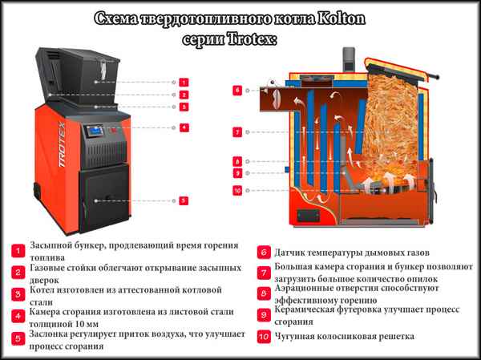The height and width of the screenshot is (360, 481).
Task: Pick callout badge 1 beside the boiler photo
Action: (x=184, y=82)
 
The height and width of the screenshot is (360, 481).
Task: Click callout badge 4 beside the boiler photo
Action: (x=184, y=127)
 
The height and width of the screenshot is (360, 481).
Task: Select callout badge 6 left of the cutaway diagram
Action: (x=237, y=91)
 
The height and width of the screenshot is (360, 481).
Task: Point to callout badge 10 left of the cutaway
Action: (x=237, y=190)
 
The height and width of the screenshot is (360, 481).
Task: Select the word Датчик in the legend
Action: (x=294, y=250)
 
